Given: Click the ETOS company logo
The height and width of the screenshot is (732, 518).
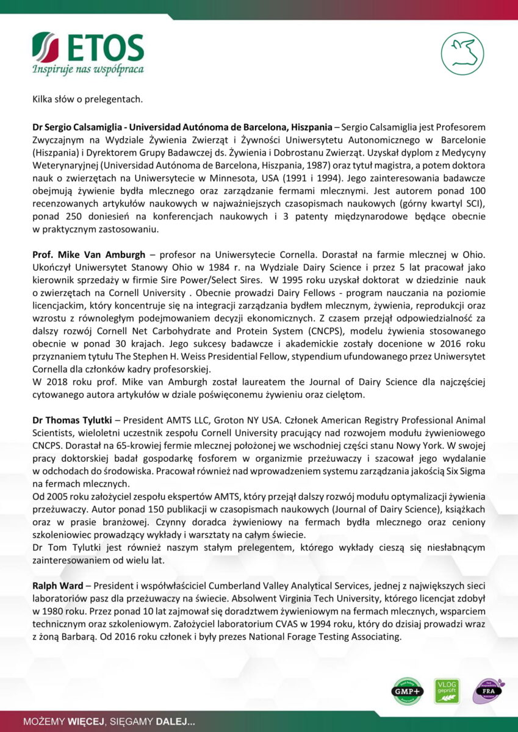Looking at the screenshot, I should (x=88, y=48).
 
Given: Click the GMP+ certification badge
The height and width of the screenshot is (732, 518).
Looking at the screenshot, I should (x=407, y=691).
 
